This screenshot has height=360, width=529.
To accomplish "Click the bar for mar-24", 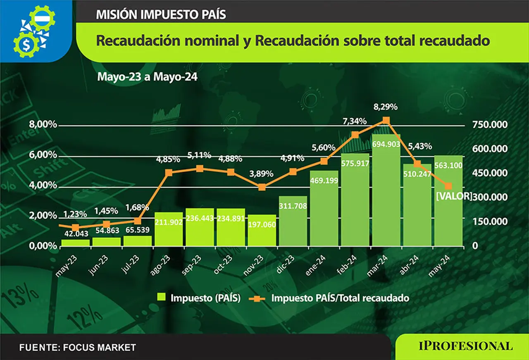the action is [x=386, y=190].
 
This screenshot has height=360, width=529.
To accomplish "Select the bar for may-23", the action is [x=76, y=243].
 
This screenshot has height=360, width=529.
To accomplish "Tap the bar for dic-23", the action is [x=293, y=221].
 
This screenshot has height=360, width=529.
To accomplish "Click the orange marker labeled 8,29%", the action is [x=386, y=120].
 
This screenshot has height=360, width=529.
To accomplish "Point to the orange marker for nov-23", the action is [x=262, y=187].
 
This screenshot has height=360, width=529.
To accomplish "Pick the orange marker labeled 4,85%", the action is [x=169, y=173].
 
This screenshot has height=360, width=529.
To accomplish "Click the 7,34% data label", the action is [x=355, y=121].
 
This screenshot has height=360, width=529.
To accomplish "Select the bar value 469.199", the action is [x=324, y=181].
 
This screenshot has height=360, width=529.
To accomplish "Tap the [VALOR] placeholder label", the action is [x=454, y=196].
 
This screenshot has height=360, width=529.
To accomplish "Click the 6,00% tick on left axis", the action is [x=43, y=155].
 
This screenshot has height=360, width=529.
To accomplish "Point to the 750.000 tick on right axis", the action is [x=490, y=124].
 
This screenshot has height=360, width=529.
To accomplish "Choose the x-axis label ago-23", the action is [x=160, y=265].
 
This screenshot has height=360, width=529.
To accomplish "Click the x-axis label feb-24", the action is [x=347, y=265].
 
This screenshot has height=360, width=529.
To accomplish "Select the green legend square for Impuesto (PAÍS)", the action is [x=161, y=297].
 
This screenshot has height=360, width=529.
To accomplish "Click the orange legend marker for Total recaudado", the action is [x=257, y=299].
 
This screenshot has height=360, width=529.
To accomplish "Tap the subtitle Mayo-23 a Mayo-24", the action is [x=148, y=77].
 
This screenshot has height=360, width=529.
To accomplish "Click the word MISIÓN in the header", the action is [x=117, y=14].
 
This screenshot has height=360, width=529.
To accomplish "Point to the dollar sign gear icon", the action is [x=26, y=45].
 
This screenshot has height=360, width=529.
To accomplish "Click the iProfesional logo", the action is [x=466, y=346].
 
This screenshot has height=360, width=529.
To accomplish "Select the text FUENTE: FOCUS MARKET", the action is [x=78, y=348].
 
